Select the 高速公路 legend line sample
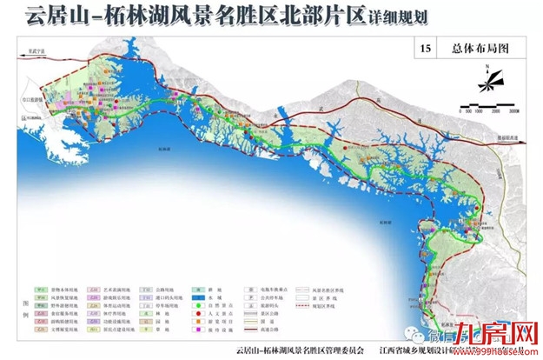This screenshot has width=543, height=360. click(x=251, y=329)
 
